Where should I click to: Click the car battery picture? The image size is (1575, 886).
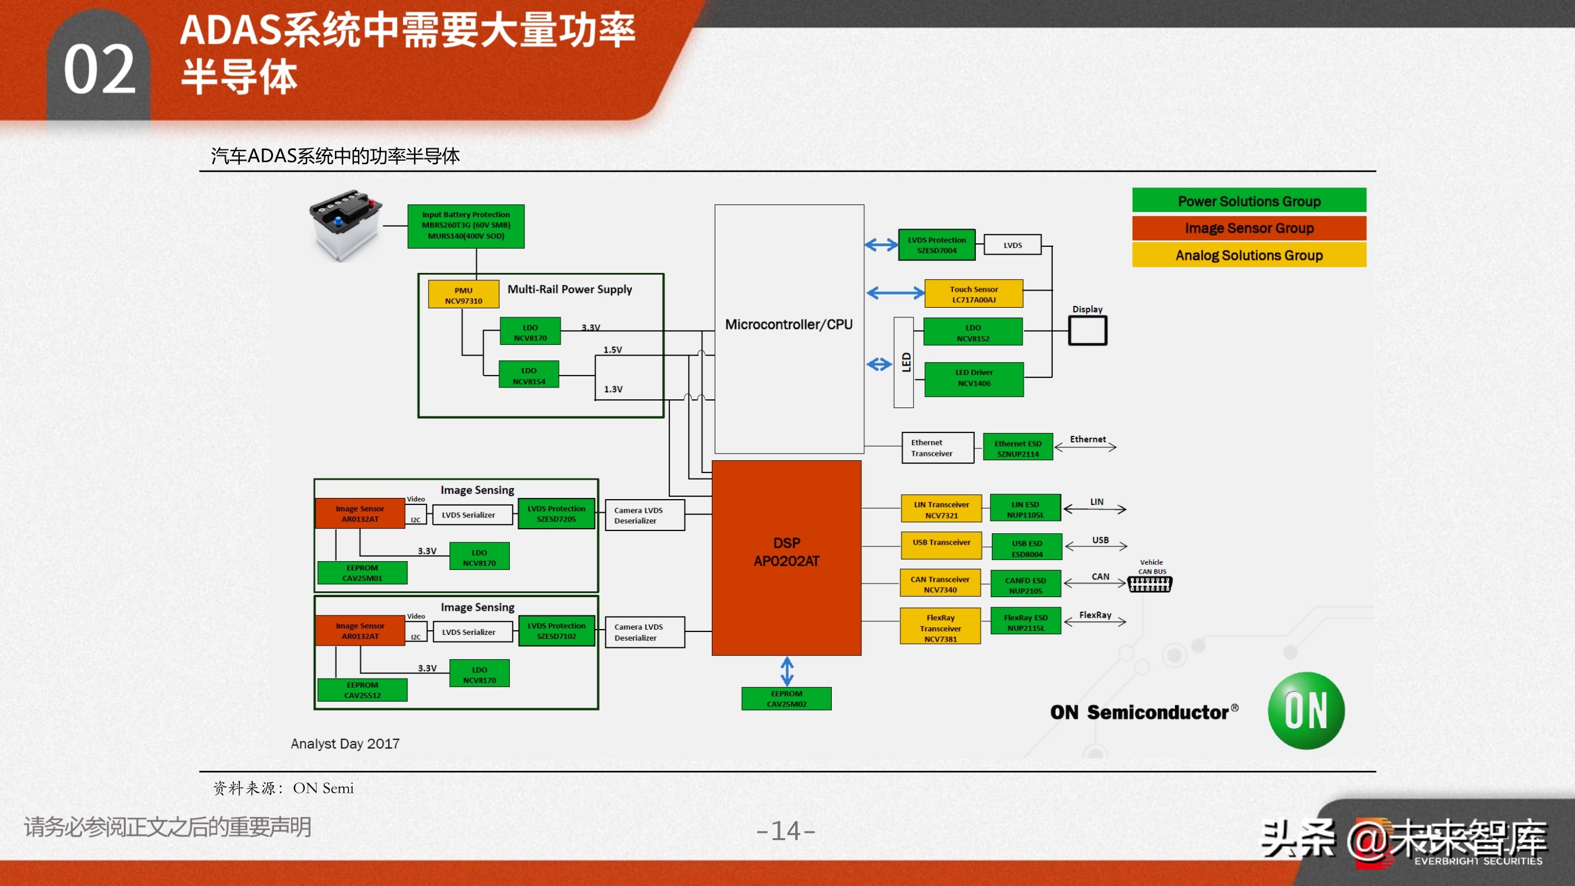[346, 224]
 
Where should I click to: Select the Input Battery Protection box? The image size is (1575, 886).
[466, 226]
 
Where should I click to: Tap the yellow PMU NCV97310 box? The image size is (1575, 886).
[463, 295]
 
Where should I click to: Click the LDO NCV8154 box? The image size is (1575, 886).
[529, 376]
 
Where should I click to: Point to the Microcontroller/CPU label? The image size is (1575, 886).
[789, 325]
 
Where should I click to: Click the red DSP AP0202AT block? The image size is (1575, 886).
[786, 557]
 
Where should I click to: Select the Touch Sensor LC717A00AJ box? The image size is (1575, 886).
[974, 294]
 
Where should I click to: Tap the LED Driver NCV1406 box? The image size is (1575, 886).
[974, 378]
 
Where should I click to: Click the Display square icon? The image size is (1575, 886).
[1087, 331]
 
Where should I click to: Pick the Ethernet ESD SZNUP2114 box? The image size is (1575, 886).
[1017, 448]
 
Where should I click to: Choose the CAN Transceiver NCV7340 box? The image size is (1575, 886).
[940, 584]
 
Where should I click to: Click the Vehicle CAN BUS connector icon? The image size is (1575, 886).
[1150, 585]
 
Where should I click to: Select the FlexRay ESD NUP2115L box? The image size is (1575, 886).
[1026, 622]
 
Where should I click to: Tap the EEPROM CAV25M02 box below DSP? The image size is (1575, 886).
[786, 698]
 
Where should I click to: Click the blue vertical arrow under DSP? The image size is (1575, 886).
[787, 671]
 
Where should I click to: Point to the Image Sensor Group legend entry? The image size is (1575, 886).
[1248, 228]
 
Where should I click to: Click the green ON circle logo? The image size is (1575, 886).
[1306, 711]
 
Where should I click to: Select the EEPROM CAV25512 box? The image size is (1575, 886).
[362, 690]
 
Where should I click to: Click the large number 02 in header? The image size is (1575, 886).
[99, 70]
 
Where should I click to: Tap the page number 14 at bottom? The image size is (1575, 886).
[786, 831]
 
